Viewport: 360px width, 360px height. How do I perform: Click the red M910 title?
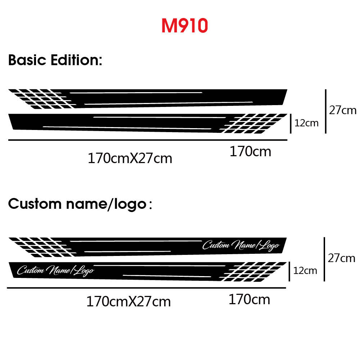pyautogui.click(x=185, y=26)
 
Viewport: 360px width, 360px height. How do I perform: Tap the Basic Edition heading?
pyautogui.click(x=55, y=60)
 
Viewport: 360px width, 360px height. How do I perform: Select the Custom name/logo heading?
pyautogui.click(x=80, y=204)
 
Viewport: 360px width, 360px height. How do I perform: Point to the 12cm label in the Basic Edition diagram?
pyautogui.click(x=306, y=123)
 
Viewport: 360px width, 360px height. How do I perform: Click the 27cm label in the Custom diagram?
pyautogui.click(x=341, y=258)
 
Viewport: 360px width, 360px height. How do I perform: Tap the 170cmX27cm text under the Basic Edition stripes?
pyautogui.click(x=130, y=158)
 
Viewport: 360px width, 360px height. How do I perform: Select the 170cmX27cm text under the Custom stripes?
pyautogui.click(x=129, y=301)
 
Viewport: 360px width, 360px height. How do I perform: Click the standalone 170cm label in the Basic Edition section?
pyautogui.click(x=251, y=152)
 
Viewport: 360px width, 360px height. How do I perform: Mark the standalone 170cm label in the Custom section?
pyautogui.click(x=249, y=300)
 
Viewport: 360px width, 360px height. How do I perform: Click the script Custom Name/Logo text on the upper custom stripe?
pyautogui.click(x=241, y=246)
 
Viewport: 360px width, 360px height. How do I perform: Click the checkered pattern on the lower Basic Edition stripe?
pyautogui.click(x=253, y=123)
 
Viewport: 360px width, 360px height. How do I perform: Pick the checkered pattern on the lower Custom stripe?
pyautogui.click(x=253, y=271)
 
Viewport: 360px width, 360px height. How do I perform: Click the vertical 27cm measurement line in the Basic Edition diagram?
pyautogui.click(x=325, y=111)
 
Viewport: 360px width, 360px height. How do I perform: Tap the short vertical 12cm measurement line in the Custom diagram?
pyautogui.click(x=289, y=271)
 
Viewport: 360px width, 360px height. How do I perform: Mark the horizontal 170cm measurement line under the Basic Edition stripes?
pyautogui.click(x=148, y=140)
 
